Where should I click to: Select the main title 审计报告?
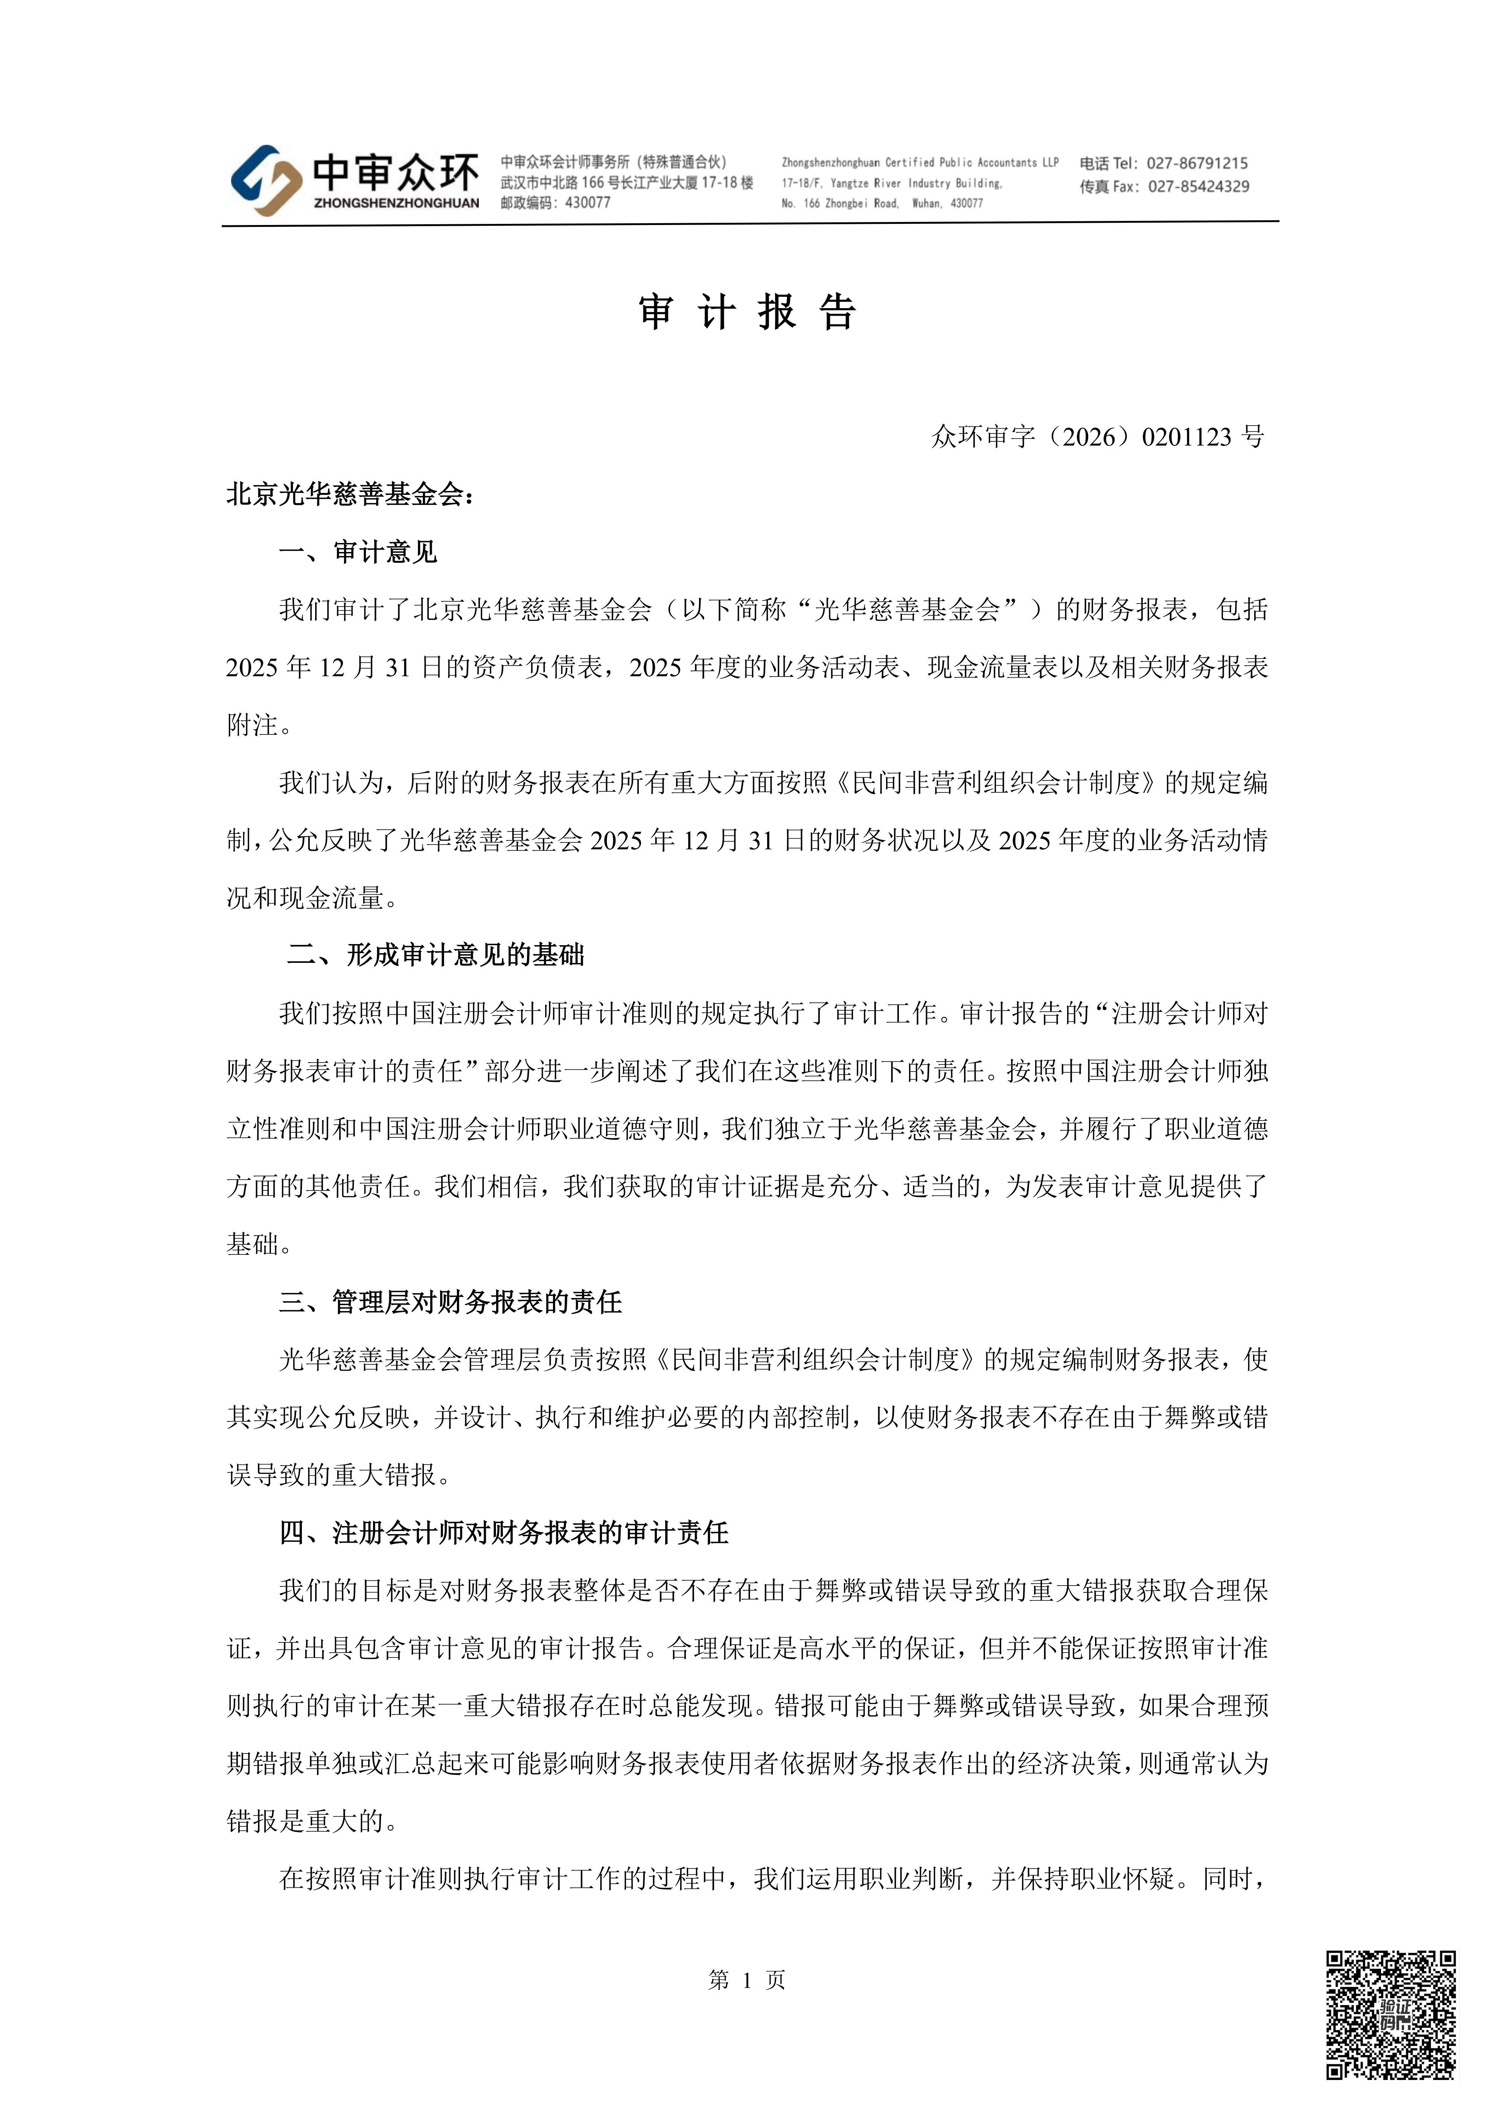[x=747, y=313]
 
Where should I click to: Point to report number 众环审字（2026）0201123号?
[x=1098, y=437]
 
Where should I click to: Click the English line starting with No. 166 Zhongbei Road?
[x=881, y=203]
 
